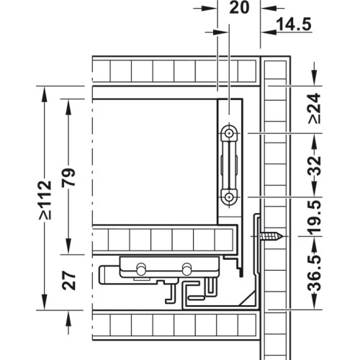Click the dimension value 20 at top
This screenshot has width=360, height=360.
tap(239, 8)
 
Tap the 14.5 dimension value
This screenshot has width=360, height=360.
tap(294, 24)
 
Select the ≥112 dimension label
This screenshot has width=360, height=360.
tap(45, 200)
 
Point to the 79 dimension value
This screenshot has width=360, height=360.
tap(68, 177)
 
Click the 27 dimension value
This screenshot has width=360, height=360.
tap(69, 280)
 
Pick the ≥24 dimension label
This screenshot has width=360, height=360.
tap(314, 109)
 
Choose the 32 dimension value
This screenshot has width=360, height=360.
tap(314, 166)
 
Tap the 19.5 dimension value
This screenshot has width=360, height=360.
tap(314, 217)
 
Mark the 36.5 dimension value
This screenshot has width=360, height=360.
tap(314, 274)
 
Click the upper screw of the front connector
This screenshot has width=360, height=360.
tap(230, 132)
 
